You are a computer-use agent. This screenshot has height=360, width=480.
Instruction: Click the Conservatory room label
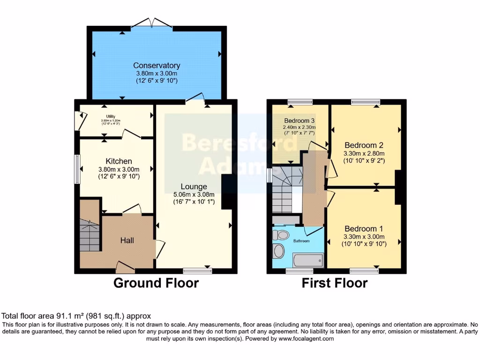pos(157,66)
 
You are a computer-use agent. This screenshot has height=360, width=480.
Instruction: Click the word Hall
pos(127,240)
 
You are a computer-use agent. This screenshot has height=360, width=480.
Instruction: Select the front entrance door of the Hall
pos(125,268)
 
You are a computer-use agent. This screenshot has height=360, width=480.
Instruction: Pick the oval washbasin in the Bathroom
pos(279,251)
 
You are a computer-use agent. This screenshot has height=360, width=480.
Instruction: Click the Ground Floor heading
pos(156,283)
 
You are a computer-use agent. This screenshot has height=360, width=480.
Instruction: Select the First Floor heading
pos(334,283)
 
